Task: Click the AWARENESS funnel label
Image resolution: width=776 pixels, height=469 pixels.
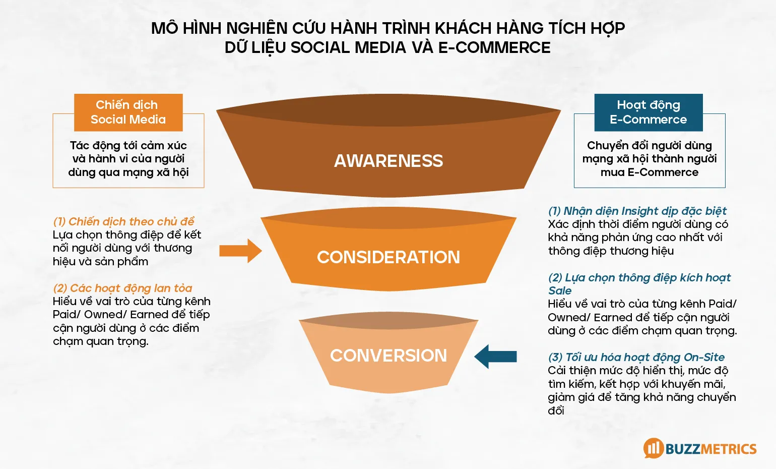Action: coord(389,161)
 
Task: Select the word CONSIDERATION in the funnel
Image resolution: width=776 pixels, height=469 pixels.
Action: coord(389,257)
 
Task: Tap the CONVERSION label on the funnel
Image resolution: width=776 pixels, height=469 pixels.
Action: coord(389,356)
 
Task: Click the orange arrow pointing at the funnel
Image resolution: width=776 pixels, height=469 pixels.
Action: coord(240,251)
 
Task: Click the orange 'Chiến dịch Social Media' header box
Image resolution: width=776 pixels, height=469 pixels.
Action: coord(128,112)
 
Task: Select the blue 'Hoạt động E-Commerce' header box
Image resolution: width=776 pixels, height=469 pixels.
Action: coord(649,112)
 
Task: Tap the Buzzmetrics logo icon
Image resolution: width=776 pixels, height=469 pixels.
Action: coord(654,448)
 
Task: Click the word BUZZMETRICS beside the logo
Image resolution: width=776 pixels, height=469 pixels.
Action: coord(711,449)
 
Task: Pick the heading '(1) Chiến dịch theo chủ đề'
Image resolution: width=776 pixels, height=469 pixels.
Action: coord(123,221)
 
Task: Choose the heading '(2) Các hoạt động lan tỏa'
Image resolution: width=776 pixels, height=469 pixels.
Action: coord(122,288)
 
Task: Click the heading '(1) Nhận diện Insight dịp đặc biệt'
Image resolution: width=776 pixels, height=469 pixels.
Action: coord(637,211)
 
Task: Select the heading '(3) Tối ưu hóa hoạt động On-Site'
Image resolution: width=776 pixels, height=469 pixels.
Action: coord(636,357)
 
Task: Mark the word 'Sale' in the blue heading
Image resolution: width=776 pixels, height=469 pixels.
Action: coord(560,290)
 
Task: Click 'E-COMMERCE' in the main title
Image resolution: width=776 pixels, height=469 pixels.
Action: coord(494,47)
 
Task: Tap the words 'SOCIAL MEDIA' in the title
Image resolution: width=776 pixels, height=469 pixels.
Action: coord(348,47)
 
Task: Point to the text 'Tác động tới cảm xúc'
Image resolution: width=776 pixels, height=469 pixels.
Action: coord(128,145)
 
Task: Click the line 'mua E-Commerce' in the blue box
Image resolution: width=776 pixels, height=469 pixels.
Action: coord(649,172)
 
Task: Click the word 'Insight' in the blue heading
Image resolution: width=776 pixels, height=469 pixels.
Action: coord(640,211)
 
